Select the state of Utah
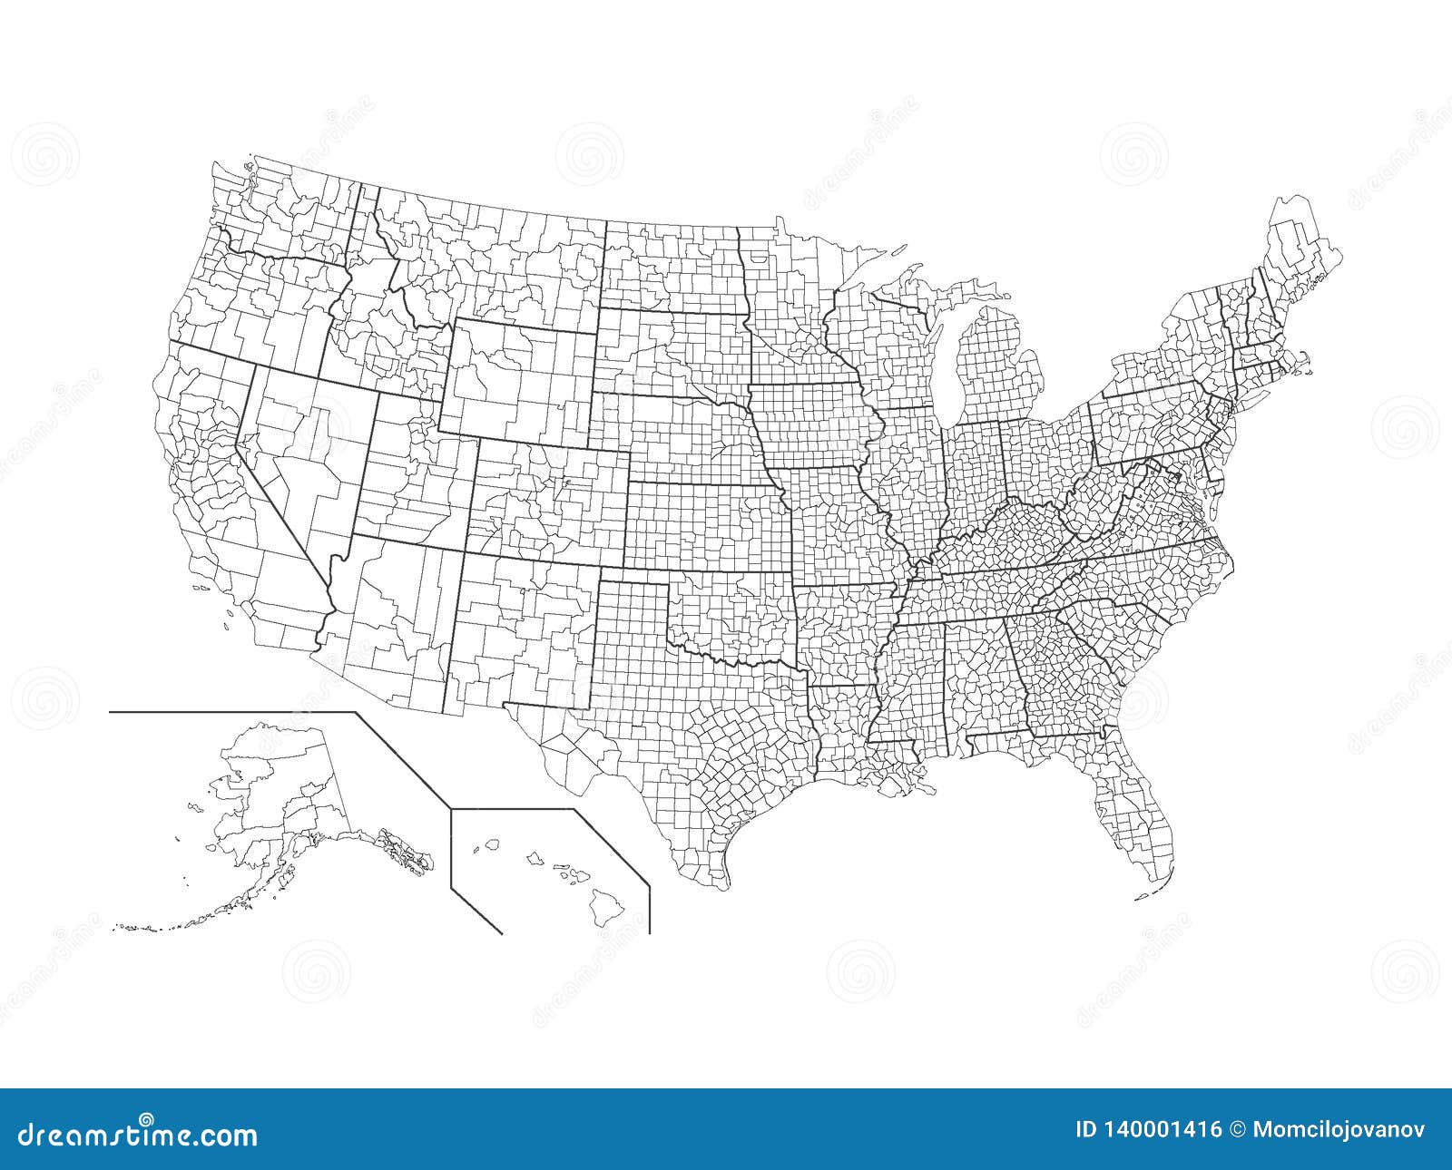[413, 472]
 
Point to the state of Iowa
[808, 426]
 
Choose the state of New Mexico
[517, 635]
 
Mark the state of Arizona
[390, 626]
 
